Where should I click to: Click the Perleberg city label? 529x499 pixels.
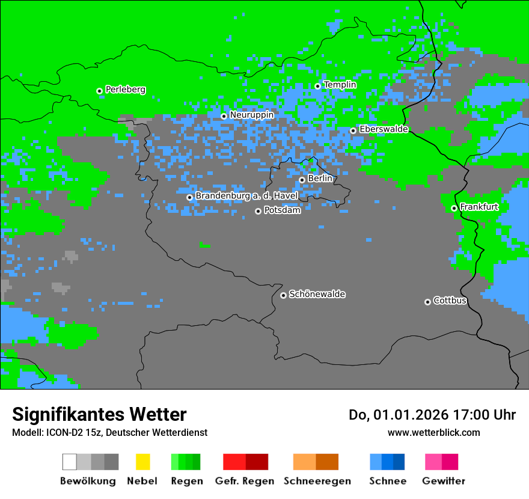[125, 90]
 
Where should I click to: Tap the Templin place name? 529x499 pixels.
[340, 85]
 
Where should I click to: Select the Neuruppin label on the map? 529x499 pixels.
[251, 115]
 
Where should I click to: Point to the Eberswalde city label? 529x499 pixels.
[384, 129]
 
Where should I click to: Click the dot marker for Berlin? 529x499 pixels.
[302, 180]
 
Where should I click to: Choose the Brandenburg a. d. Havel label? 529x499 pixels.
[246, 196]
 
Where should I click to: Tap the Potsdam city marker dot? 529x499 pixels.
[258, 211]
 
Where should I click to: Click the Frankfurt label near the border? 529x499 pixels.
[479, 207]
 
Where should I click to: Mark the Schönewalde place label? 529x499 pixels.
[317, 294]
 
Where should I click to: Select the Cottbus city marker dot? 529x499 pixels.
[427, 302]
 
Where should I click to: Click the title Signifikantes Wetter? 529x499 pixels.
[99, 415]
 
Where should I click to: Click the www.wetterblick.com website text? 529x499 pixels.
[433, 432]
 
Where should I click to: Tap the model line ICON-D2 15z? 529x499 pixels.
[109, 432]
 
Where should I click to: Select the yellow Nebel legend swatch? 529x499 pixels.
[142, 462]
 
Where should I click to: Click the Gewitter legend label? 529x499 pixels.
[443, 481]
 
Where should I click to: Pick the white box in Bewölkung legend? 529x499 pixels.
[70, 462]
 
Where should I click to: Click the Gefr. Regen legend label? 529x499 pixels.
[245, 481]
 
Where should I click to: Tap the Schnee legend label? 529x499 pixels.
[387, 481]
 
